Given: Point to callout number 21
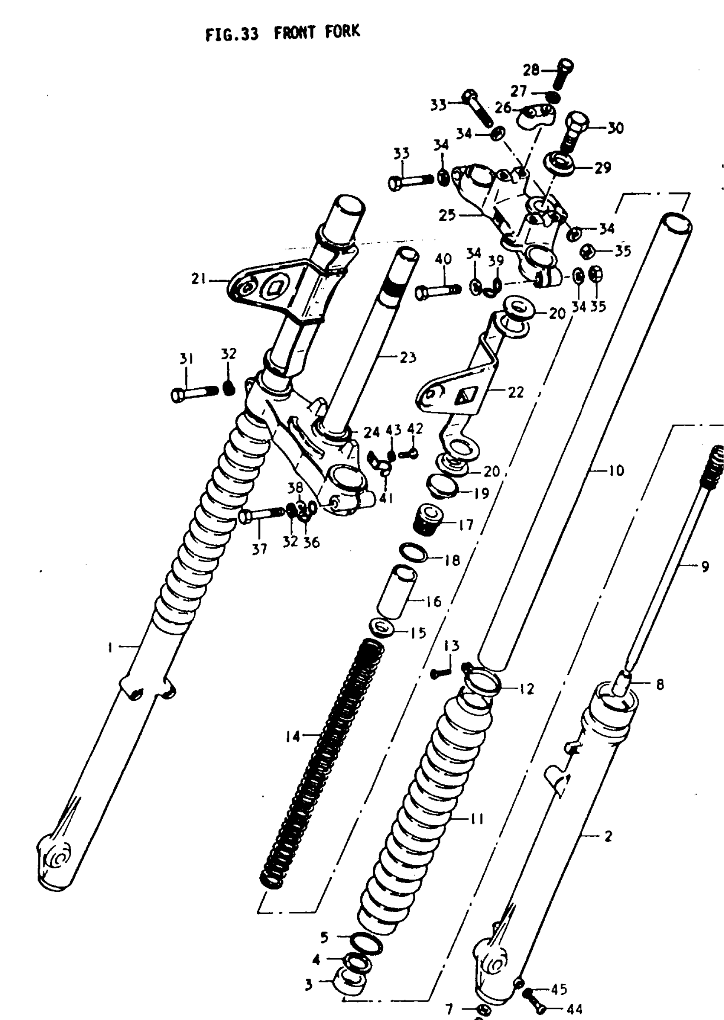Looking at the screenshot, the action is click(198, 279).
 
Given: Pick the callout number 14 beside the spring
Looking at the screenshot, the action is click(293, 736).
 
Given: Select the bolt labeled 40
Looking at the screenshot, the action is click(437, 292).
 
